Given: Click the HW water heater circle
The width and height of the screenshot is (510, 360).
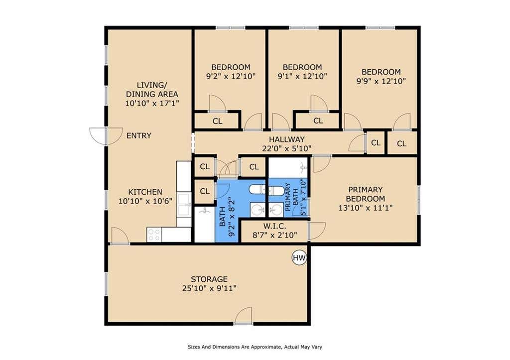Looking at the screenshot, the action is click(x=299, y=258).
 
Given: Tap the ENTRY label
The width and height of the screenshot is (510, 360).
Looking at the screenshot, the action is click(x=139, y=135).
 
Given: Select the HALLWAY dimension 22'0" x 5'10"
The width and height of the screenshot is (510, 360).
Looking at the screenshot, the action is click(x=287, y=148).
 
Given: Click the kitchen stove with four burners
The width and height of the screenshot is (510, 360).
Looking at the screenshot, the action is click(x=154, y=235).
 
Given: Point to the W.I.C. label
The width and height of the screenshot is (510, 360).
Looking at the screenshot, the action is click(x=274, y=226).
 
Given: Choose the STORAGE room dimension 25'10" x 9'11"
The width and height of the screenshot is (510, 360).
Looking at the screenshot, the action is click(x=209, y=288).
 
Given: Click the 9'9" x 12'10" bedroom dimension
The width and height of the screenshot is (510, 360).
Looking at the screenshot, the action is click(x=381, y=81).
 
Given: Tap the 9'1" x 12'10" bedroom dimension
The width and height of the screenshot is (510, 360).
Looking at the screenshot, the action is click(x=302, y=76).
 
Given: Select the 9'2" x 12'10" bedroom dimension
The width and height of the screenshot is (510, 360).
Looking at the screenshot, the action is click(x=231, y=76).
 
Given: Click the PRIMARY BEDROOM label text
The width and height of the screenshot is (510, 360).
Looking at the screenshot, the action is click(x=365, y=194).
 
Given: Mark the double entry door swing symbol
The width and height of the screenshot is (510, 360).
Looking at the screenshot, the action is click(x=106, y=136).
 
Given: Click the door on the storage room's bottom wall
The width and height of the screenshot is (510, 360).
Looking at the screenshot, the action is click(x=243, y=316).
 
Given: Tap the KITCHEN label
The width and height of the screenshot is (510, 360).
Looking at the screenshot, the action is click(x=145, y=192).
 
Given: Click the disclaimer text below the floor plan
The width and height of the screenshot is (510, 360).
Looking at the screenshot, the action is click(x=255, y=347).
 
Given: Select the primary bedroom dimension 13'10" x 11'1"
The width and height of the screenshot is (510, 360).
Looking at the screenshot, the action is click(x=365, y=208).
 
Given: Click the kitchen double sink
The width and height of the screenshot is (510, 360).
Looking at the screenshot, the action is click(x=184, y=205).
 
